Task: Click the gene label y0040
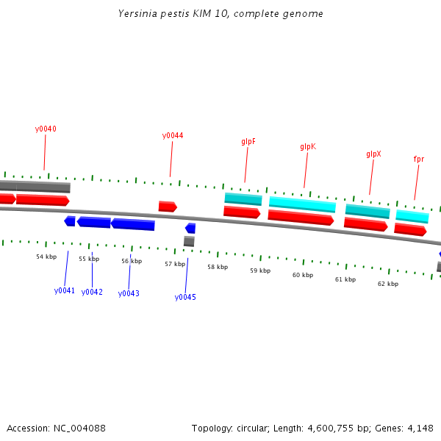[46, 129]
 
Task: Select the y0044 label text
[173, 135]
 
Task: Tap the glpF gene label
[248, 141]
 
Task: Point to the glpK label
[308, 146]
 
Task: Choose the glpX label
[373, 154]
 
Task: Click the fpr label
[419, 159]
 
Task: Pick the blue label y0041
[65, 290]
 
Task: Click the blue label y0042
[92, 292]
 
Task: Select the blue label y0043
[129, 293]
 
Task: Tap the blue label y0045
[185, 297]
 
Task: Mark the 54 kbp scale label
[46, 257]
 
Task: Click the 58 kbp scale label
[218, 267]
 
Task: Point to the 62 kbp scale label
[388, 284]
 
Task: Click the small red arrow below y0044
[168, 207]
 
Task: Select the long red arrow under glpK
[301, 217]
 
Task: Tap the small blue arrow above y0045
[190, 228]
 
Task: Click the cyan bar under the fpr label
[412, 216]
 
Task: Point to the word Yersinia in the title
[137, 14]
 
